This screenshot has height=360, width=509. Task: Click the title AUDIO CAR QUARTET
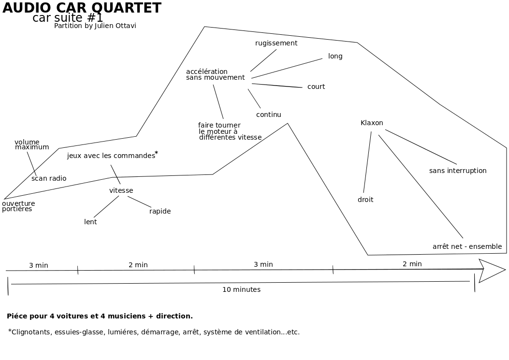[x=82, y=8]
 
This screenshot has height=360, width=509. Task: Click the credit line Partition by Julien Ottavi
[x=95, y=26]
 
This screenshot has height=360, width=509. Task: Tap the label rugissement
[x=276, y=43]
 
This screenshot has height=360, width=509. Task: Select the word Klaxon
[x=372, y=123]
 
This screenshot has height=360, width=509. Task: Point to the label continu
[x=268, y=115]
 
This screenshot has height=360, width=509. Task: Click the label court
[x=316, y=86]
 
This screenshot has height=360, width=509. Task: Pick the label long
[x=335, y=56]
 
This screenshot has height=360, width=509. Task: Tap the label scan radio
[x=49, y=178]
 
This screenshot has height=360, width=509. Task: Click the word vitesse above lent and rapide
[x=121, y=190]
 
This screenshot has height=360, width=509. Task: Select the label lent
[x=90, y=222]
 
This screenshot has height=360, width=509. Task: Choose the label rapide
[x=160, y=211]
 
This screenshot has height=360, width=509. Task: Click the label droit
[x=365, y=200]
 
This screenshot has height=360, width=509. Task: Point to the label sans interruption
[x=458, y=171]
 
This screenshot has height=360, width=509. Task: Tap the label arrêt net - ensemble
[x=467, y=246]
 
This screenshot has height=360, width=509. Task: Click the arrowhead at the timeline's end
[x=492, y=270]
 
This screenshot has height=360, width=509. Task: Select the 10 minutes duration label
[x=241, y=289]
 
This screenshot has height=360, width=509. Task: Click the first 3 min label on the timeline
[x=39, y=265]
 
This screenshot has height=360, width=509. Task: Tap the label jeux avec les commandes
[x=111, y=156]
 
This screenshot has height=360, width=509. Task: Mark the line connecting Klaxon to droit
[x=367, y=162]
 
